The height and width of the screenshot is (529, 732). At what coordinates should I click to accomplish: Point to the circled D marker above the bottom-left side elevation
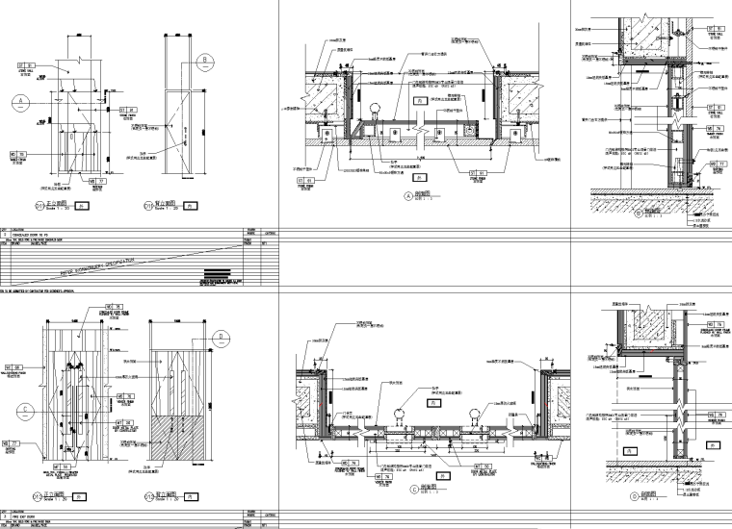pyautogui.click(x=221, y=336)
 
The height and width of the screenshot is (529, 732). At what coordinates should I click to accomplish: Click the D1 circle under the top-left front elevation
pyautogui.click(x=40, y=205)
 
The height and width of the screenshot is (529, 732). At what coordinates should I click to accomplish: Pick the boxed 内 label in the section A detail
pyautogui.click(x=418, y=99)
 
